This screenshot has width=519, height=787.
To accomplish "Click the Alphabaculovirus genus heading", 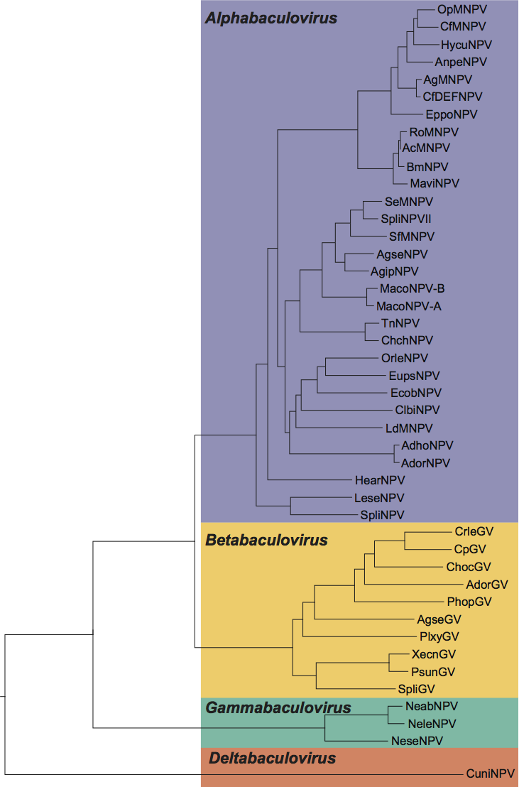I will click(x=271, y=18).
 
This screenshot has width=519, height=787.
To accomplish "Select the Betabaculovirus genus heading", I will click(x=266, y=541).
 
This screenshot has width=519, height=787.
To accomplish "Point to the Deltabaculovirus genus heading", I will click(x=272, y=759).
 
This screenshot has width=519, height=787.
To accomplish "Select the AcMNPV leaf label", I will click(x=426, y=148).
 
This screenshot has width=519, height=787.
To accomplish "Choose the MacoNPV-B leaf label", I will click(x=412, y=288).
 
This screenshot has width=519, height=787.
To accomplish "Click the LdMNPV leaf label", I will click(x=409, y=428).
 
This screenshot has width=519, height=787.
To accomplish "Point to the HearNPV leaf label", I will click(x=379, y=480).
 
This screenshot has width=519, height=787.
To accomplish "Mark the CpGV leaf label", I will click(x=474, y=548).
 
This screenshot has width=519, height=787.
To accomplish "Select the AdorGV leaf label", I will click(x=487, y=584).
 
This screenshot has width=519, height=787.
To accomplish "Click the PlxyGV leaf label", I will click(x=439, y=636).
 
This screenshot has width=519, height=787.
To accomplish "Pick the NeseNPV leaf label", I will click(x=417, y=741).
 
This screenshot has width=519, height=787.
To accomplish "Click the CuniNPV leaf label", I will click(x=491, y=774).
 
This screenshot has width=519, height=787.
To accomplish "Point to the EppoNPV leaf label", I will click(x=452, y=114).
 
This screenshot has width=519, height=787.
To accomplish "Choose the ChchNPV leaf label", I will click(x=407, y=340).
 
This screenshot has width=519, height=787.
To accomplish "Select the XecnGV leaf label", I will click(x=433, y=654).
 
